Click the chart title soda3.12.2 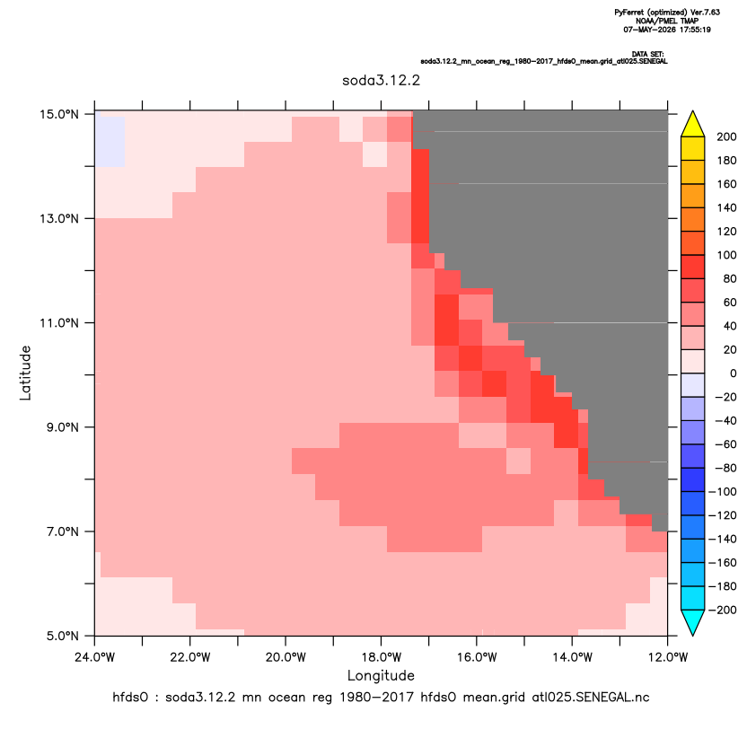pyautogui.click(x=381, y=80)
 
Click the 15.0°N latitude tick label pyautogui.click(x=59, y=114)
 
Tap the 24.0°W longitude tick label pyautogui.click(x=95, y=657)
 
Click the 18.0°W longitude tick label pyautogui.click(x=381, y=657)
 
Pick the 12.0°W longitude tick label pyautogui.click(x=668, y=657)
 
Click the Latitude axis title pyautogui.click(x=25, y=373)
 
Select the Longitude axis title pyautogui.click(x=381, y=676)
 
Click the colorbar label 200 pyautogui.click(x=726, y=137)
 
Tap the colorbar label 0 pyautogui.click(x=734, y=373)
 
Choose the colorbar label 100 pyautogui.click(x=726, y=255)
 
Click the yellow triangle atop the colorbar pyautogui.click(x=693, y=124)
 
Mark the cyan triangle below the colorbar pyautogui.click(x=693, y=622)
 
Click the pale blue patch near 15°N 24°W pyautogui.click(x=110, y=141)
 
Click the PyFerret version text pyautogui.click(x=667, y=13)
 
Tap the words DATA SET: pyautogui.click(x=648, y=54)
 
